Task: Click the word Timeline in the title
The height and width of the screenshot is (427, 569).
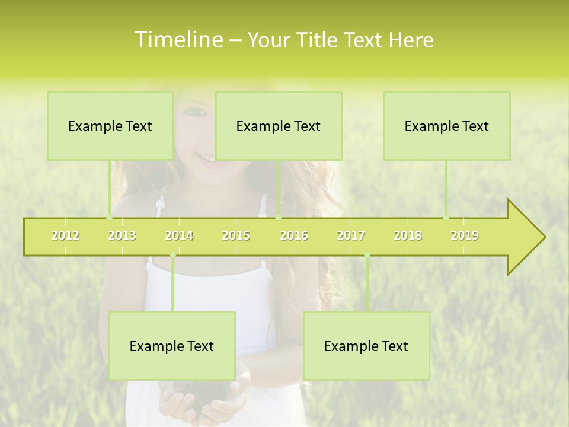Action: pos(178,40)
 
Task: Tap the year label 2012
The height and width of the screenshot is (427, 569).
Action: pos(65,235)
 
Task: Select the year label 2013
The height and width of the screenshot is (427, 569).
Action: pos(122,235)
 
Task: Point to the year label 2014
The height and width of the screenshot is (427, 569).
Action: pos(179,235)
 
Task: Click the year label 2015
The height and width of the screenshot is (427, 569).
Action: pos(236,235)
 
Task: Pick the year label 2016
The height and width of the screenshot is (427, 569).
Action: pos(294,235)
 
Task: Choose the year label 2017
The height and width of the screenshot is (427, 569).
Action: pos(351,235)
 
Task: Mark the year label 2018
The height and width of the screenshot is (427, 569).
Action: pos(408,235)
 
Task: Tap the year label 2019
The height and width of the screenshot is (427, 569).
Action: pos(465,235)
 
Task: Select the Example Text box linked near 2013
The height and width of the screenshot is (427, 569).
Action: pos(110,126)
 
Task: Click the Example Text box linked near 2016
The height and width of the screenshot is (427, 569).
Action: pos(279,126)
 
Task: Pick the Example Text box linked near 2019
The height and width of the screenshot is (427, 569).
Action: pos(447,126)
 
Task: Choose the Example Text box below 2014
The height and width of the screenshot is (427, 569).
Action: pos(172,346)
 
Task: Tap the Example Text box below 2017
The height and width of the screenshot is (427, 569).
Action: pos(366,346)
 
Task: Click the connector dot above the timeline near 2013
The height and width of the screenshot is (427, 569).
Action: pos(109,217)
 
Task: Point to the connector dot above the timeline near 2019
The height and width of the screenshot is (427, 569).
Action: pos(446,217)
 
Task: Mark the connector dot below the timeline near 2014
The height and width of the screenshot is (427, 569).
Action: pos(172,256)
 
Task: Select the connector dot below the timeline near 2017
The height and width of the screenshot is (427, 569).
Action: pos(367,256)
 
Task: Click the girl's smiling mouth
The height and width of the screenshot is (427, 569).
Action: pos(205,159)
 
